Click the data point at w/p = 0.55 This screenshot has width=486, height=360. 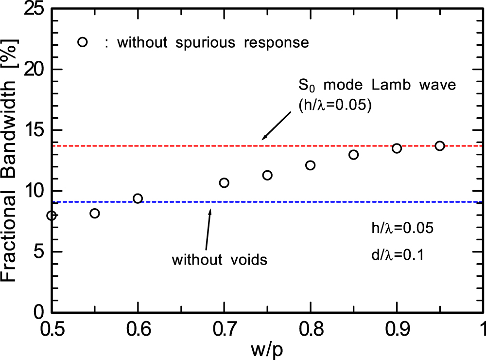(x=95, y=213)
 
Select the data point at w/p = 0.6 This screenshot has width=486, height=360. (x=138, y=198)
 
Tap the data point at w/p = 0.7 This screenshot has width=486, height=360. (x=224, y=183)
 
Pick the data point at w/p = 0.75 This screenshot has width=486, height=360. (x=267, y=175)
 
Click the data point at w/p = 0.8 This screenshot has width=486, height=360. (x=310, y=165)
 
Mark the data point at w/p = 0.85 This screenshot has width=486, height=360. (x=353, y=155)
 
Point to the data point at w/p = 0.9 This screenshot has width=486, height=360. (x=397, y=148)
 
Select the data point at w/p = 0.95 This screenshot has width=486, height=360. (x=440, y=146)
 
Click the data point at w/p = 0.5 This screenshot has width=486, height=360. (x=52, y=216)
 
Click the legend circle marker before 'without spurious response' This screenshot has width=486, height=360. (x=82, y=42)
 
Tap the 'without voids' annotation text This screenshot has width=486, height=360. (x=220, y=260)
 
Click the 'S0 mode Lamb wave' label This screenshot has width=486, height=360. (x=377, y=85)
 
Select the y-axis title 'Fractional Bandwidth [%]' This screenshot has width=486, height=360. (x=12, y=161)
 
